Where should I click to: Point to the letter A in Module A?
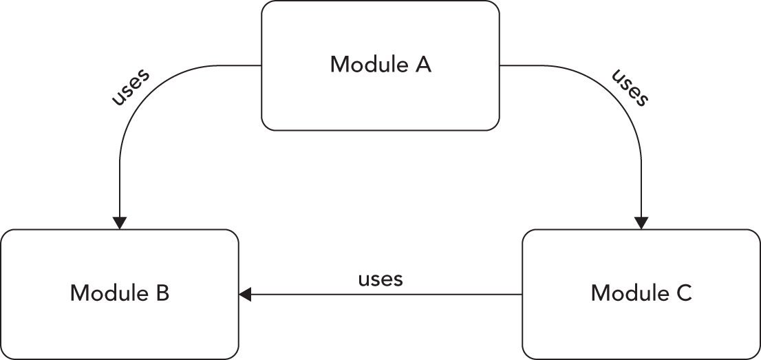point(423,65)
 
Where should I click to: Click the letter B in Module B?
point(162,294)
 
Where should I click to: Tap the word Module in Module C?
point(623,294)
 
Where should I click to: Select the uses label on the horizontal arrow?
point(380,280)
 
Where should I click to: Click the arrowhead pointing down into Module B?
point(120,223)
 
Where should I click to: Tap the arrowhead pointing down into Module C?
point(641,223)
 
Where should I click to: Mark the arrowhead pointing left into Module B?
point(246,295)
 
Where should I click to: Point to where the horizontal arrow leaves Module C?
point(522,295)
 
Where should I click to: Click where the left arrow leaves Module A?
point(261,66)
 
